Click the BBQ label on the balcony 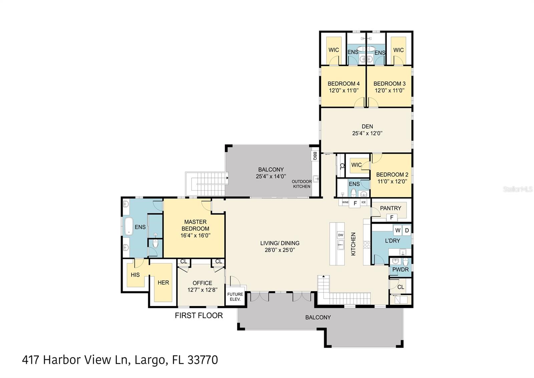pyautogui.click(x=314, y=156)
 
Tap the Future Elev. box pyautogui.click(x=235, y=297)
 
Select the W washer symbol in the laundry pyautogui.click(x=398, y=230)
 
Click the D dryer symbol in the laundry pyautogui.click(x=407, y=230)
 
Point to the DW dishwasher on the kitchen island pyautogui.click(x=340, y=235)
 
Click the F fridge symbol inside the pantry pyautogui.click(x=392, y=218)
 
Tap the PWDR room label pyautogui.click(x=400, y=269)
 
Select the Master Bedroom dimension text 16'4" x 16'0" pyautogui.click(x=195, y=236)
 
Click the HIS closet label pyautogui.click(x=135, y=275)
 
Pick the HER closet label pyautogui.click(x=163, y=283)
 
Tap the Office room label pyautogui.click(x=202, y=283)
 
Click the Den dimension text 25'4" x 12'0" pyautogui.click(x=367, y=133)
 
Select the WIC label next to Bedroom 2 pyautogui.click(x=356, y=165)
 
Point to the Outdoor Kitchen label pyautogui.click(x=302, y=184)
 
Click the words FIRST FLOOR pyautogui.click(x=199, y=316)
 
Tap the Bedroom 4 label pyautogui.click(x=343, y=84)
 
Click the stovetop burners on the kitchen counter pyautogui.click(x=367, y=245)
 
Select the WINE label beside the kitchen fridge pyautogui.click(x=345, y=203)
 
